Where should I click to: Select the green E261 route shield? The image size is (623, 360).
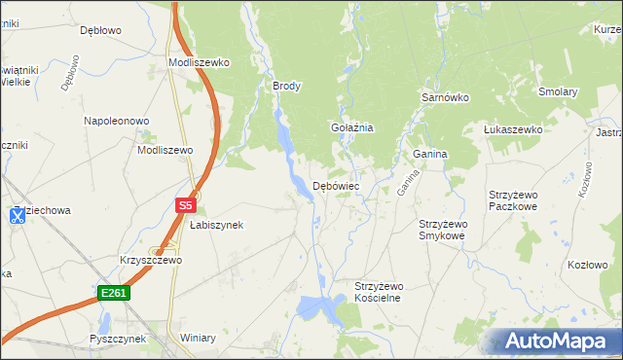pyautogui.click(x=112, y=292)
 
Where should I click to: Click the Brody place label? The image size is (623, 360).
pyautogui.click(x=286, y=86)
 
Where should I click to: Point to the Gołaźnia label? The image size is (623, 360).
pyautogui.click(x=352, y=127)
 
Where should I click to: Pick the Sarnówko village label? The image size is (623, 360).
pyautogui.click(x=445, y=98)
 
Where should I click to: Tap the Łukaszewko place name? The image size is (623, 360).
pyautogui.click(x=513, y=129)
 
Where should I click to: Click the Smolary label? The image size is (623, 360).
pyautogui.click(x=559, y=92)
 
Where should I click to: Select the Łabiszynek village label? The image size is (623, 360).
pyautogui.click(x=216, y=225)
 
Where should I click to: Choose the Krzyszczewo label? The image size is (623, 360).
pyautogui.click(x=151, y=261)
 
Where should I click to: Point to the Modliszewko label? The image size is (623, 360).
pyautogui.click(x=199, y=62)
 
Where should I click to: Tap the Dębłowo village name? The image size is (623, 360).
pyautogui.click(x=100, y=30)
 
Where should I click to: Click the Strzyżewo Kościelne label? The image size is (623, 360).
pyautogui.click(x=378, y=292)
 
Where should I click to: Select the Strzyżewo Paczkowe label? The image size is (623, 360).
pyautogui.click(x=513, y=200)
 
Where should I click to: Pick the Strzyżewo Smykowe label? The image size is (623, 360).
pyautogui.click(x=442, y=230)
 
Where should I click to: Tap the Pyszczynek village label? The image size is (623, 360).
pyautogui.click(x=117, y=339)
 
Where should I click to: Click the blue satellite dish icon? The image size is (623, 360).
pyautogui.click(x=18, y=216)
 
